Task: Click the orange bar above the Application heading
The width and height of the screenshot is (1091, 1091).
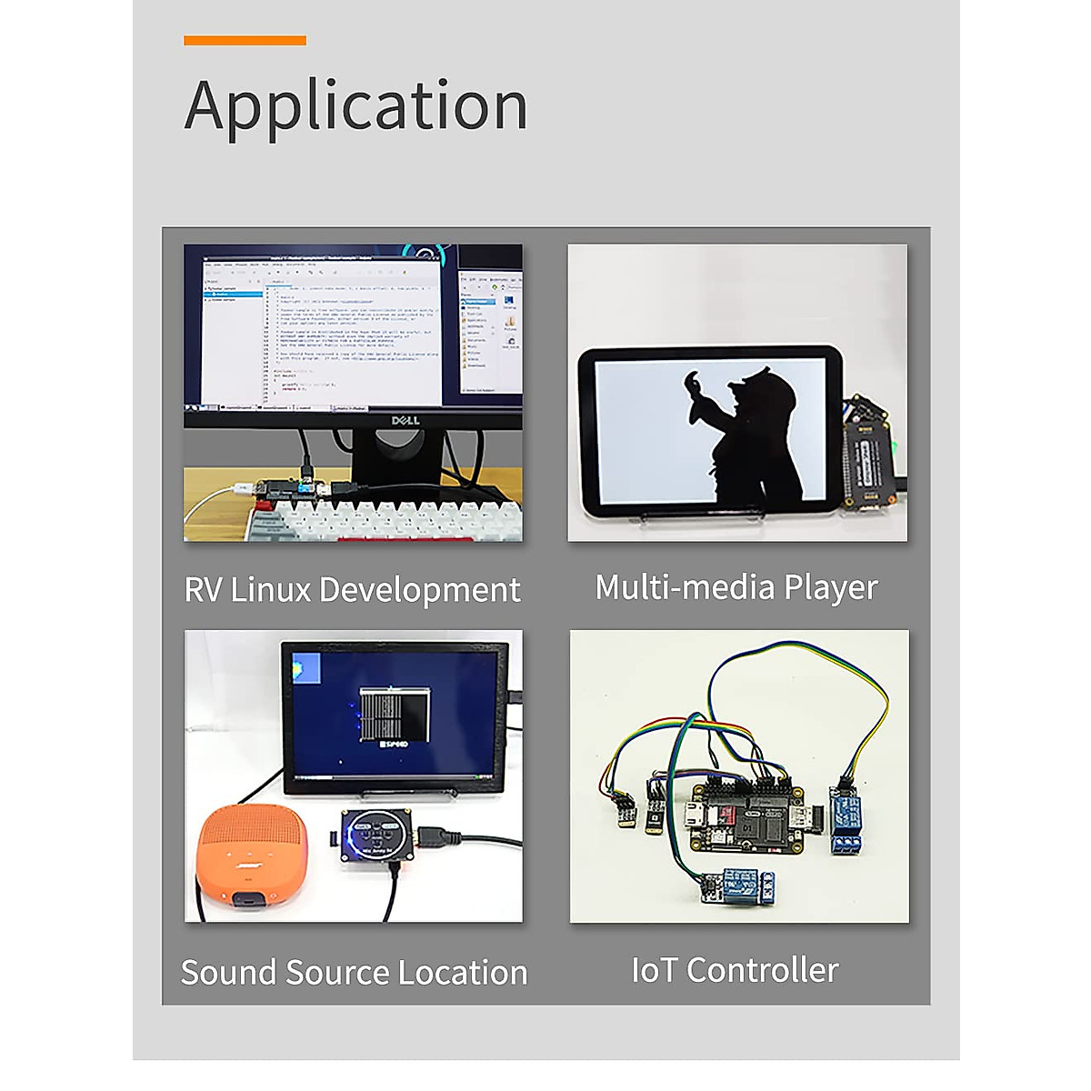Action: [x=245, y=40]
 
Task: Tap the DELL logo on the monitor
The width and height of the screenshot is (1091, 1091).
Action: [x=405, y=420]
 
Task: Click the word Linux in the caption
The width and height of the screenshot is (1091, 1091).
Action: [x=271, y=590]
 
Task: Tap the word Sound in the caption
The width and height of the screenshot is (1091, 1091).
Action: [x=229, y=973]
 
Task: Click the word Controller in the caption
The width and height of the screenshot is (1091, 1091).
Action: [x=762, y=970]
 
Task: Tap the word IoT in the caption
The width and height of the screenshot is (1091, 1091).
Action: [x=655, y=970]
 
